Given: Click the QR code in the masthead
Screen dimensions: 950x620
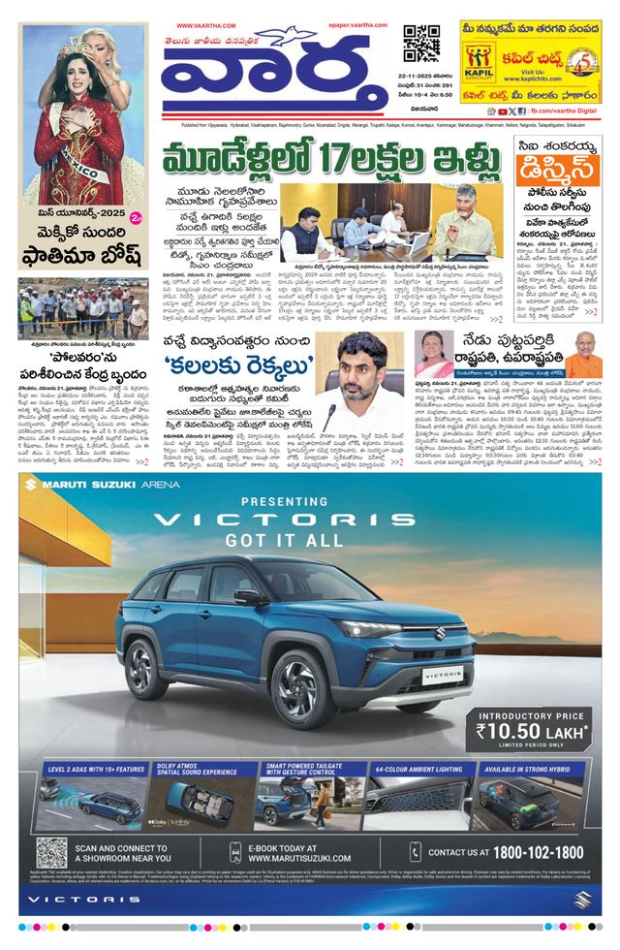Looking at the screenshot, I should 421,44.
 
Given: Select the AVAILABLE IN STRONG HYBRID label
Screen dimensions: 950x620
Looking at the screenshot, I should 530,769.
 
